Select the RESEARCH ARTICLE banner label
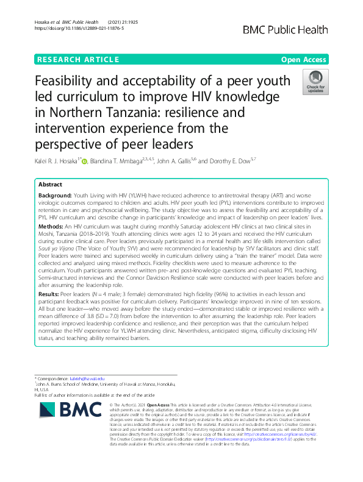coord(78,60)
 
